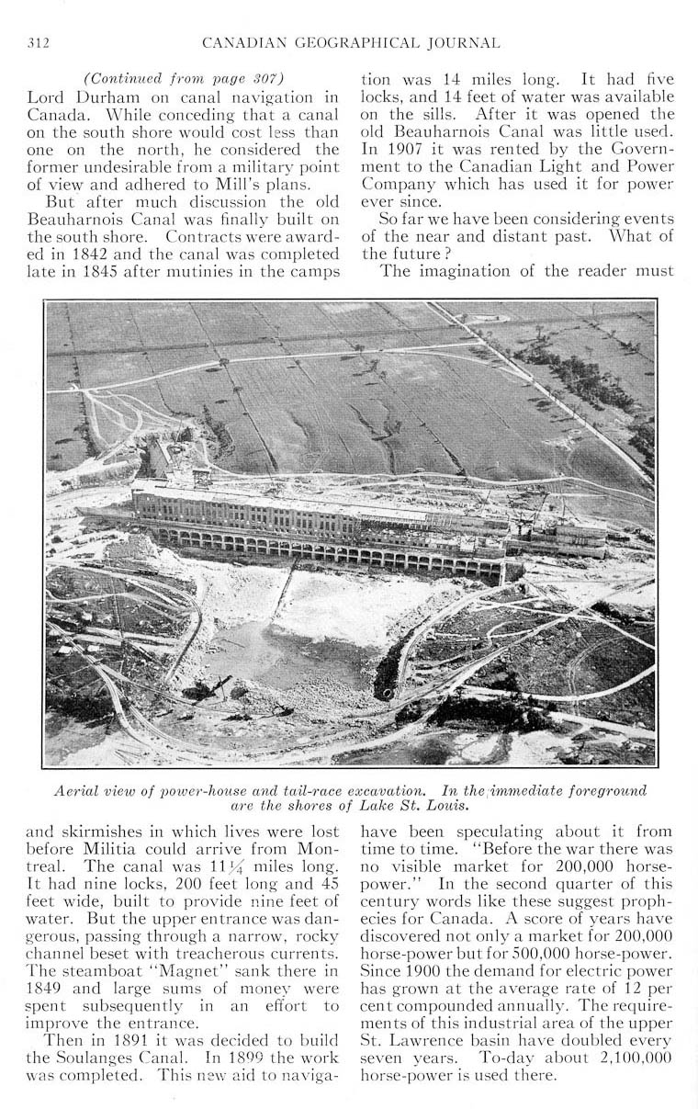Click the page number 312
(38, 42)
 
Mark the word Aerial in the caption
(77, 790)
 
